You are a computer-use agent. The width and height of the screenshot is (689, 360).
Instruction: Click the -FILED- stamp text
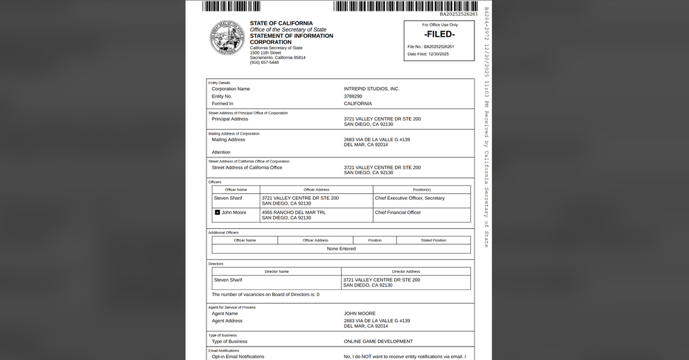[439, 34]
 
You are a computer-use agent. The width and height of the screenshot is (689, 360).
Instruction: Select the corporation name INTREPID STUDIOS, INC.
[371, 89]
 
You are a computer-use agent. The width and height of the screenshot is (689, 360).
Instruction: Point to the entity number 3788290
[353, 96]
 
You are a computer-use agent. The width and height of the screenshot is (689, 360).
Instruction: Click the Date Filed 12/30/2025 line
[428, 54]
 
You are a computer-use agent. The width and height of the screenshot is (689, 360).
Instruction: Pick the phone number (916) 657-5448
[264, 63]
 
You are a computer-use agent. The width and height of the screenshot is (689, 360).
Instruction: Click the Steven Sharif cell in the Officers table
[228, 198]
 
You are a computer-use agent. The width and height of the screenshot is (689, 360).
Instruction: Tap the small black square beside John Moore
[217, 213]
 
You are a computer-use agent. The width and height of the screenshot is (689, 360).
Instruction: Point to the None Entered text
[341, 249]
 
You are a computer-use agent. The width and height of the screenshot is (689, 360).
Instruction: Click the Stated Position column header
[433, 240]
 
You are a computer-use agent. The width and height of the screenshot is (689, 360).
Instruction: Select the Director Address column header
[406, 272]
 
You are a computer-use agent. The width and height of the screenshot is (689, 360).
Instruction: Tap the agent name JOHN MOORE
[359, 314]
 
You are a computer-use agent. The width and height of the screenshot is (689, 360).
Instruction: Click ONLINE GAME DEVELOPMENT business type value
[378, 341]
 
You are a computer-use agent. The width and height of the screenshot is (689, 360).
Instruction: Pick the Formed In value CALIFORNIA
[357, 104]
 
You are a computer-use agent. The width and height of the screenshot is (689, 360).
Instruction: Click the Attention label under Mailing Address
[221, 152]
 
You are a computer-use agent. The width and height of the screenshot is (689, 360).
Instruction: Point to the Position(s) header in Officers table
[421, 190]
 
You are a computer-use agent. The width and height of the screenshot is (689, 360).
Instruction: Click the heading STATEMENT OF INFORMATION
[291, 36]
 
